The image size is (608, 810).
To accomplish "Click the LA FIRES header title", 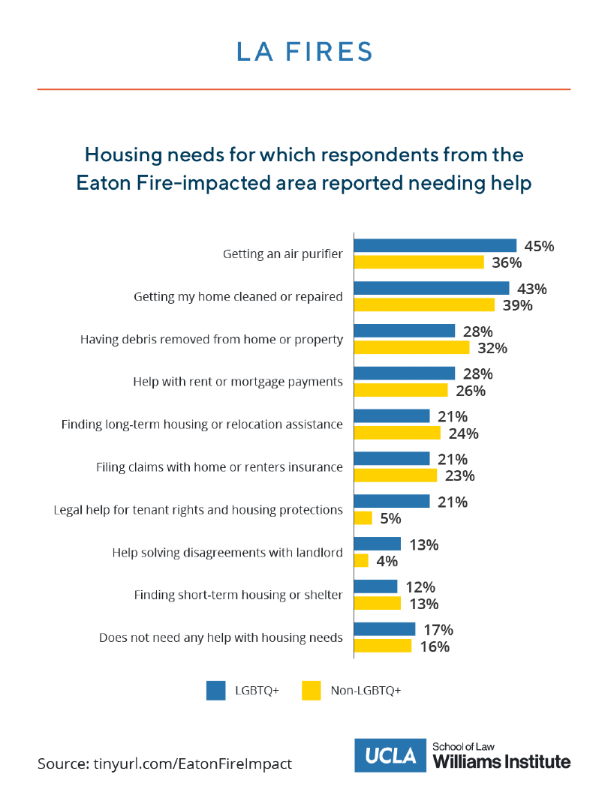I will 303,52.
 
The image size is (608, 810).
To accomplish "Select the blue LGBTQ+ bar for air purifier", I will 435,245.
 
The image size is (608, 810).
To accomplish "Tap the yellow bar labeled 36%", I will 419,262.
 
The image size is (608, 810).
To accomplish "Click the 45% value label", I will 540,246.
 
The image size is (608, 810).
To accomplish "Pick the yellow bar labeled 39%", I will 424,304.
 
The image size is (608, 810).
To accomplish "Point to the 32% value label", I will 492,348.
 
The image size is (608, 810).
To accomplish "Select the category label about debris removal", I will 212,339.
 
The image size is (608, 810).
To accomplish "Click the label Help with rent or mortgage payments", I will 238,382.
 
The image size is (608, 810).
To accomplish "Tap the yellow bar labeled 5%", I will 363,518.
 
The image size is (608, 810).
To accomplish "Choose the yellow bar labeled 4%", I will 361,561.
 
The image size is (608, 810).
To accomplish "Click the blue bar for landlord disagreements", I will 377,544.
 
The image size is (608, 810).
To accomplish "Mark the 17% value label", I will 438,630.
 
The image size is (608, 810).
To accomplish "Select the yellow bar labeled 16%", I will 382,646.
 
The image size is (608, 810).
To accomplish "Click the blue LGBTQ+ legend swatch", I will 215,690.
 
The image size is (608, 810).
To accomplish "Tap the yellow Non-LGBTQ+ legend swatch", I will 311,690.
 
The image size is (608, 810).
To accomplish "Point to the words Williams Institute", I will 501,762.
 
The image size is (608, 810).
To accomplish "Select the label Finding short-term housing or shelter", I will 238,595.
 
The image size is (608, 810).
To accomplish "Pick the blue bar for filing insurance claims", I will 391,459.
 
